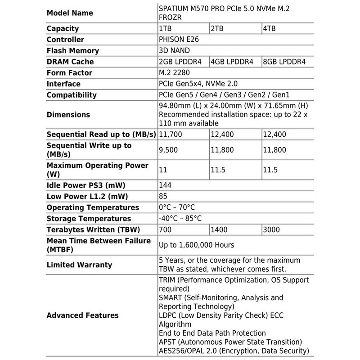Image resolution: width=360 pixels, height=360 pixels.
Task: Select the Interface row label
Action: [x=63, y=84]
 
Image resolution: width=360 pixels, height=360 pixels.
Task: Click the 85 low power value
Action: [x=164, y=197]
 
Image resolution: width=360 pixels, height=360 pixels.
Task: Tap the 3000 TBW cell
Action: [x=271, y=229]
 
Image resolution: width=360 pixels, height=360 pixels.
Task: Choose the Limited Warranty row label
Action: [x=79, y=265]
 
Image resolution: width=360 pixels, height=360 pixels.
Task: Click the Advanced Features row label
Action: [x=82, y=315]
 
